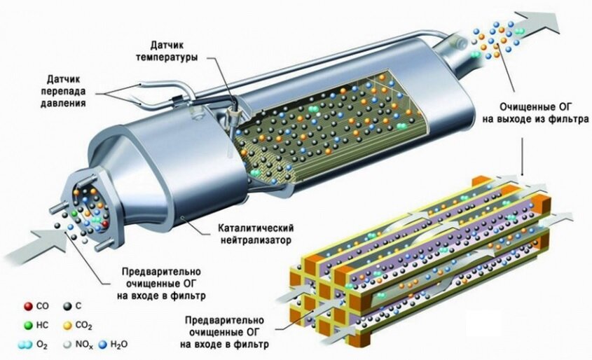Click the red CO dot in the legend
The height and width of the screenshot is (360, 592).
pyautogui.click(x=27, y=305)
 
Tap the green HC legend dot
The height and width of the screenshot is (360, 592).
pyautogui.click(x=27, y=325)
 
